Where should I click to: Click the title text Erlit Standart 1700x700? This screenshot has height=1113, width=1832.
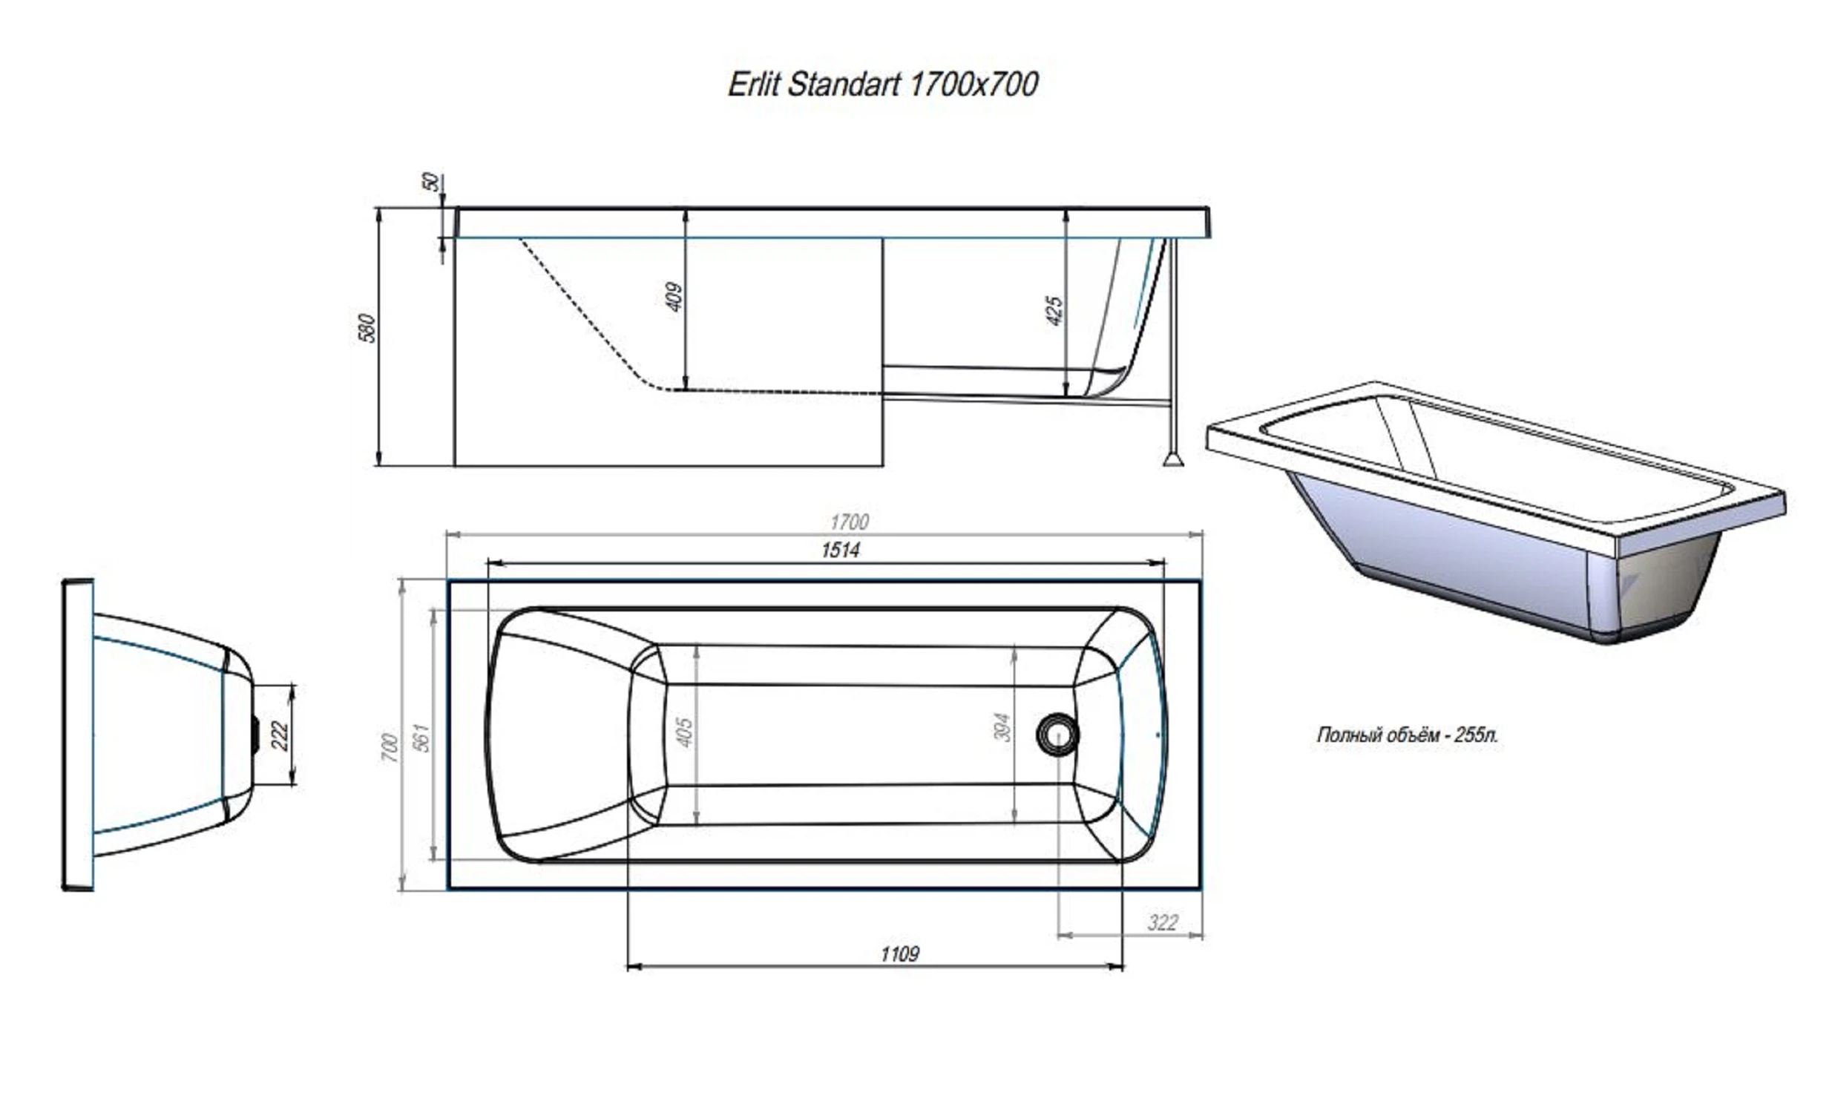882,85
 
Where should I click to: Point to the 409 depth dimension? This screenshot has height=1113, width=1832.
674,296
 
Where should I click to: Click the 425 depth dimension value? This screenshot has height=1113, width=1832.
1054,310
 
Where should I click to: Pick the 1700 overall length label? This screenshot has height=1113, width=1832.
849,522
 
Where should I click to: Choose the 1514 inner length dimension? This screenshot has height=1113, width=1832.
840,550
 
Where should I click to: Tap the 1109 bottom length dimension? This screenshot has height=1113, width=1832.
899,954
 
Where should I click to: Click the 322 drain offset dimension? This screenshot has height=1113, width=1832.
1163,922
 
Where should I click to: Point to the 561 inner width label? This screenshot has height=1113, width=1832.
421,737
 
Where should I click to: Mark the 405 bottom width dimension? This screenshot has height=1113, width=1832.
685,732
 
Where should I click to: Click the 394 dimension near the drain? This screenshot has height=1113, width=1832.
1002,727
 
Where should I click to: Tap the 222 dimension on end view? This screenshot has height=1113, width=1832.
280,735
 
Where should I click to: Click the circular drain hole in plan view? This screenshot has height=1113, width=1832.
1057,735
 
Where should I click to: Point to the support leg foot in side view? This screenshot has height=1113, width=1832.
1173,459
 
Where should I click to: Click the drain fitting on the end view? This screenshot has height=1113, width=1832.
255,735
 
